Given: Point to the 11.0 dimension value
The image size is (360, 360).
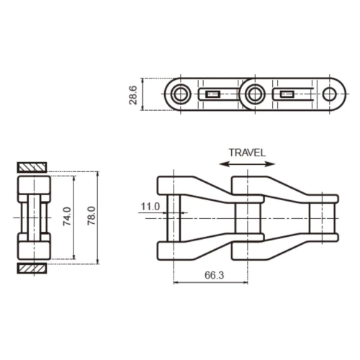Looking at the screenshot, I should tap(150, 207).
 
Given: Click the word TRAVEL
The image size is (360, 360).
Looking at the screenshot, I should tap(247, 152).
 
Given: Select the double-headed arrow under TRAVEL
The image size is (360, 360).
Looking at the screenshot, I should tap(247, 164).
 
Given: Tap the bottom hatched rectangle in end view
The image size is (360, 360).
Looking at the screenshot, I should tap(32, 269).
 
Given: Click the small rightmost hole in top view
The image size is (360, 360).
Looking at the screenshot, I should tap(329, 94).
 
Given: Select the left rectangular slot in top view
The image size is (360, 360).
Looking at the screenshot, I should tap(213, 94).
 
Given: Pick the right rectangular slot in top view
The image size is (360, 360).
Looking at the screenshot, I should tap(287, 94).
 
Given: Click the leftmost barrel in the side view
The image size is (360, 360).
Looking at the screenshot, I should tap(173, 216).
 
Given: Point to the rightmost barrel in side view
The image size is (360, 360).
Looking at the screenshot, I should tap(323, 216).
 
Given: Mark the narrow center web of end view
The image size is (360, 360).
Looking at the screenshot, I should tap(32, 216).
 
